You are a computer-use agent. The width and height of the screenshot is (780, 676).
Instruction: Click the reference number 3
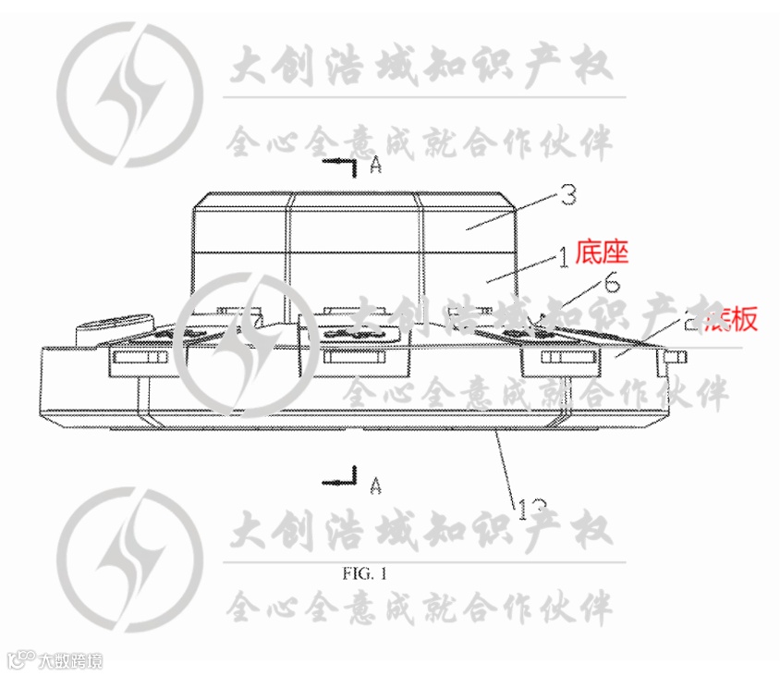pos(569,195)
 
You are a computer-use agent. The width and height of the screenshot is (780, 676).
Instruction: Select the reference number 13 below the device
pos(532,508)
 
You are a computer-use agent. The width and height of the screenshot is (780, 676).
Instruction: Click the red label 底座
pos(602,251)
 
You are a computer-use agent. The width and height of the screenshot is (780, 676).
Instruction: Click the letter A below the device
pos(375,483)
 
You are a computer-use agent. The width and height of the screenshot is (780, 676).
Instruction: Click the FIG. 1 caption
pos(364,573)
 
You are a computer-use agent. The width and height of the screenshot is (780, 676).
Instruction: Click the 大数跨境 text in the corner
pos(70,660)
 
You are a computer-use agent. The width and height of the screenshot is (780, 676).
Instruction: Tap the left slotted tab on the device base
pos(140,359)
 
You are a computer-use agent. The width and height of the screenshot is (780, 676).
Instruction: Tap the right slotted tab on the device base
pos(565,358)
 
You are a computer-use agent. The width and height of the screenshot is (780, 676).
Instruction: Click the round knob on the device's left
pos(113,327)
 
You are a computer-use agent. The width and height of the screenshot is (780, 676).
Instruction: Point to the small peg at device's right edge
pos(677,355)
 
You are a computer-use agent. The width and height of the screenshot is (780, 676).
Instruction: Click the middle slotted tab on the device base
pos(354,359)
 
